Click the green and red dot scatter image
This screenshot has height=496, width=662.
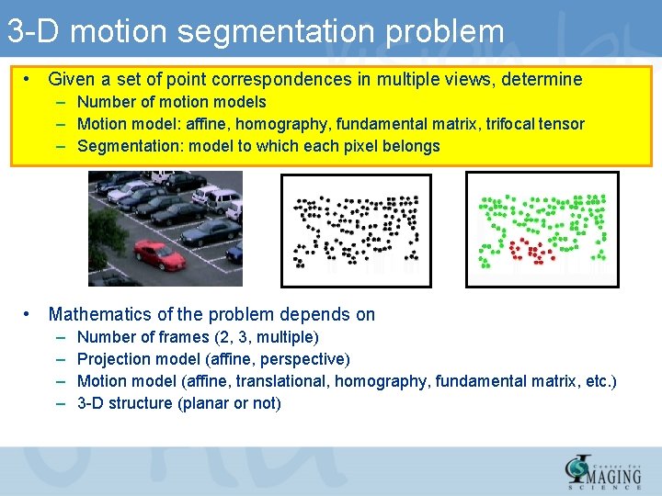tap(542, 230)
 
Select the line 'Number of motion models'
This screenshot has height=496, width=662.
tap(171, 102)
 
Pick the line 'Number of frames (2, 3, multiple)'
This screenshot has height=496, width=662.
tap(198, 337)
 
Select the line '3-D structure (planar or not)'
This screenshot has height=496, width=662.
tap(178, 403)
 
